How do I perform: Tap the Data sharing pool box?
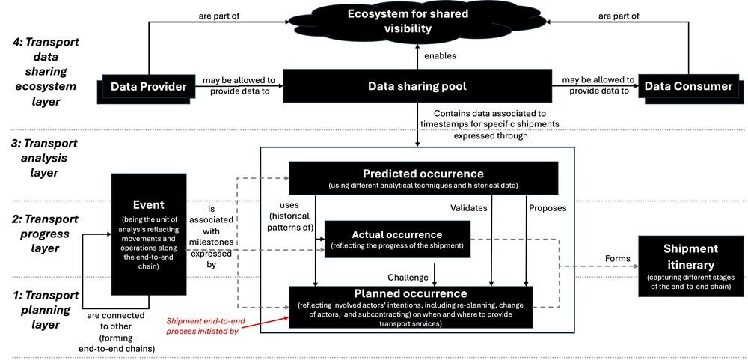pos(417,87)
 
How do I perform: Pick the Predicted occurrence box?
pos(423,178)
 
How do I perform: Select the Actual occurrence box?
pos(396,239)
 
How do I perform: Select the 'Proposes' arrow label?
pos(548,207)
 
